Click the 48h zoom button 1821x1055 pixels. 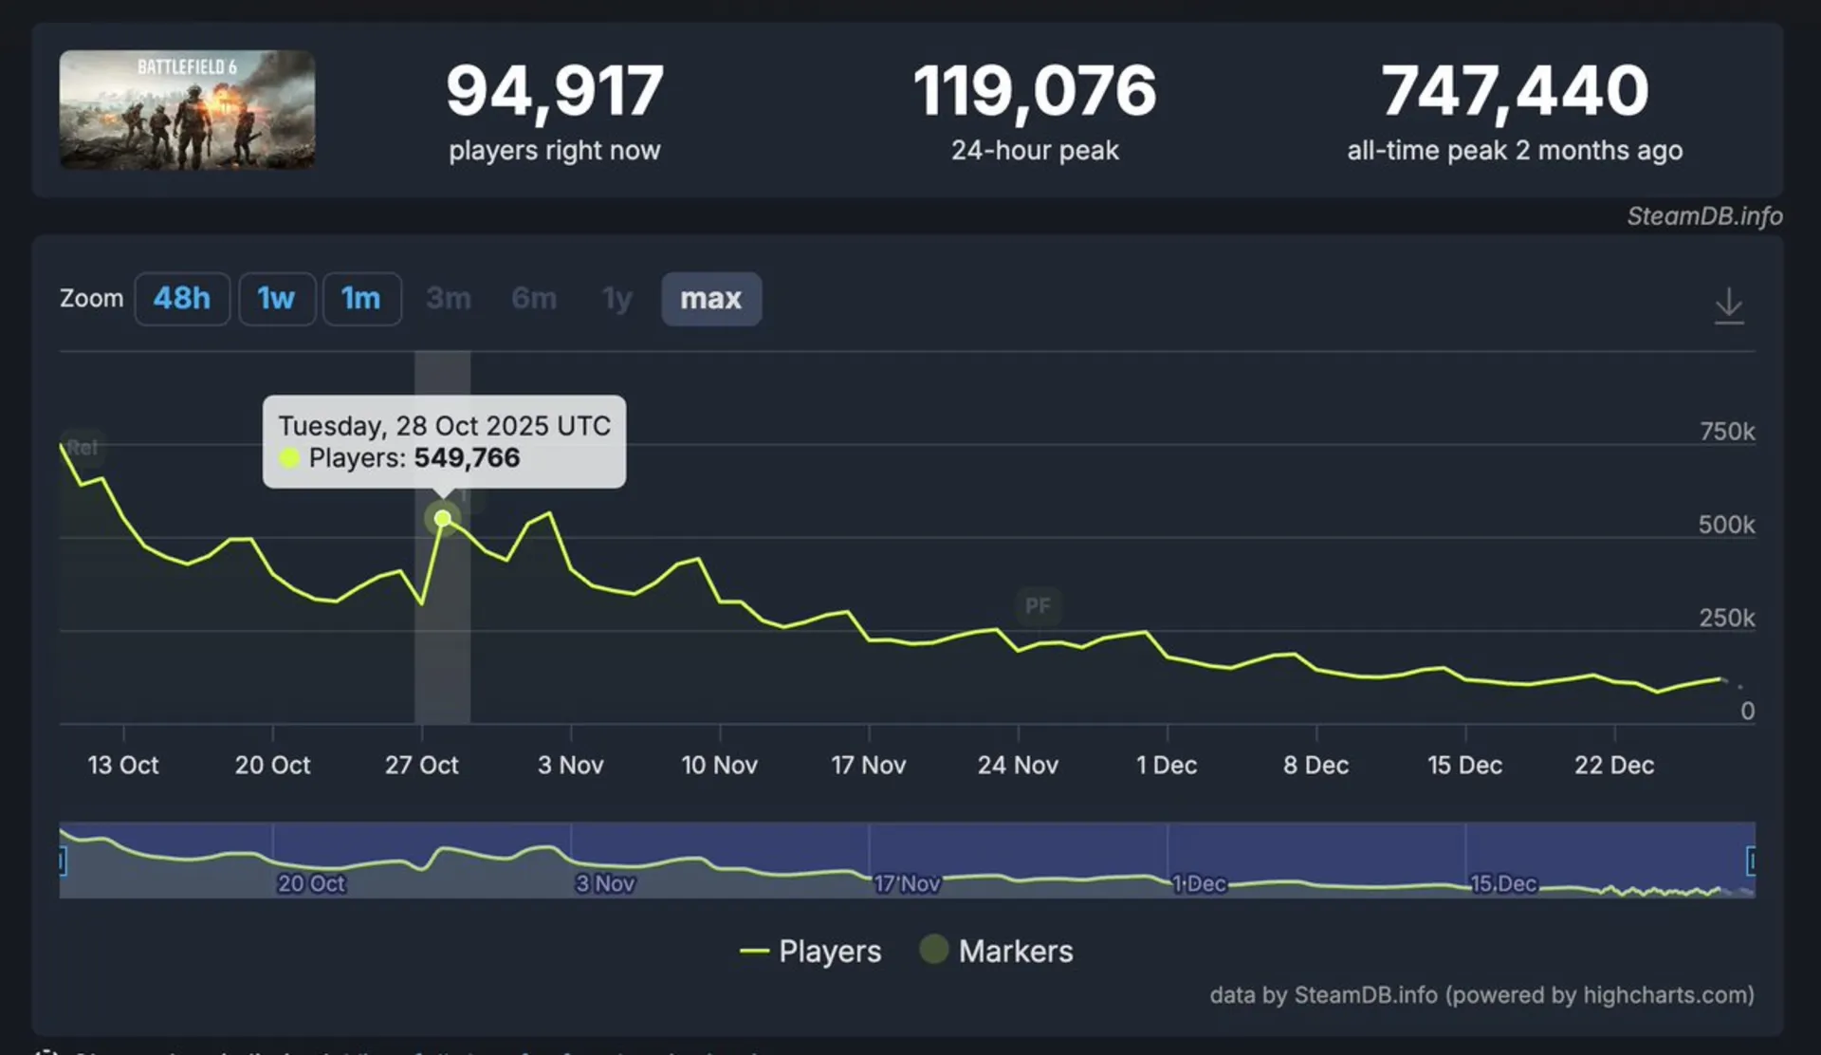click(x=181, y=299)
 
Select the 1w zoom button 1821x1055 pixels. click(x=276, y=299)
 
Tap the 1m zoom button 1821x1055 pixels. click(x=361, y=299)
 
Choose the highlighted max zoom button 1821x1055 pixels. click(x=710, y=299)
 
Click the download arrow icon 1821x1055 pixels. click(x=1728, y=305)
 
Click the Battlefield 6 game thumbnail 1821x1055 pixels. click(x=187, y=110)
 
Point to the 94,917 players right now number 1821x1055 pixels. click(x=555, y=92)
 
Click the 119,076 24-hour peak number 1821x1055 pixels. click(x=1035, y=92)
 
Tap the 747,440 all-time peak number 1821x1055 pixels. click(x=1515, y=92)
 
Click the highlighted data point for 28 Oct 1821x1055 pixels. click(x=442, y=518)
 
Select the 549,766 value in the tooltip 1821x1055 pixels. click(x=467, y=458)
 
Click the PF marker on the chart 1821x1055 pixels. click(x=1038, y=605)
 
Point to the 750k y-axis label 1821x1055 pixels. click(x=1726, y=432)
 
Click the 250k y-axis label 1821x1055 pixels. click(x=1726, y=619)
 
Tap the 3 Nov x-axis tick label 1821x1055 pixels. click(x=570, y=765)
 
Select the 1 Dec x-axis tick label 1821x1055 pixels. click(x=1167, y=765)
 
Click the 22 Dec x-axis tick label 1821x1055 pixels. click(x=1613, y=765)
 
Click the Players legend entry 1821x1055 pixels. click(x=811, y=951)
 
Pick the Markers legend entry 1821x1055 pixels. click(x=997, y=951)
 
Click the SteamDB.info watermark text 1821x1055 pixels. click(x=1704, y=216)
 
